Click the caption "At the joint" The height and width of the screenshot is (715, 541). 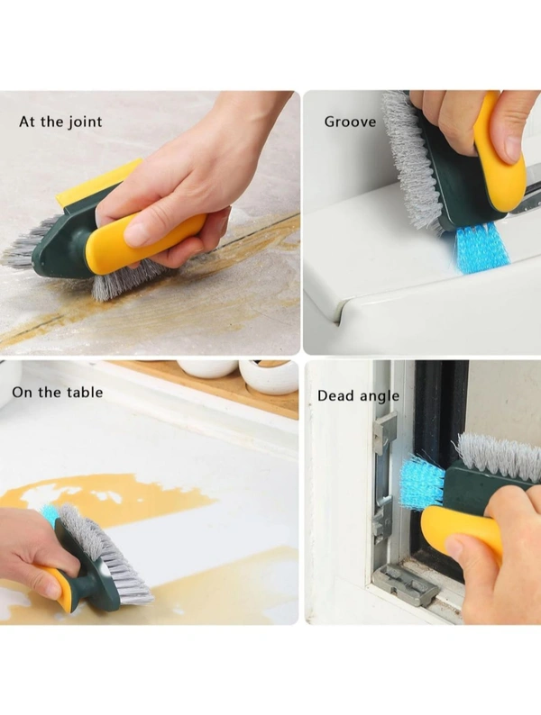60,122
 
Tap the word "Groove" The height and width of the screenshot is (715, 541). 350,122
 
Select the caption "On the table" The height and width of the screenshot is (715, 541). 58,392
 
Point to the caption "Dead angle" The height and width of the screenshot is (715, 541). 358,396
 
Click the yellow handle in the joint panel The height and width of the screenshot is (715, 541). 146,241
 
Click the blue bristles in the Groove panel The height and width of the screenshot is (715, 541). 481,249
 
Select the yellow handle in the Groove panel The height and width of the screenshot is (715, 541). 500,150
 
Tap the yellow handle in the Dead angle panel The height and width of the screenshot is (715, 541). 461,531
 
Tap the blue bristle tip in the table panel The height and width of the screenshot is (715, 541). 50,513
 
